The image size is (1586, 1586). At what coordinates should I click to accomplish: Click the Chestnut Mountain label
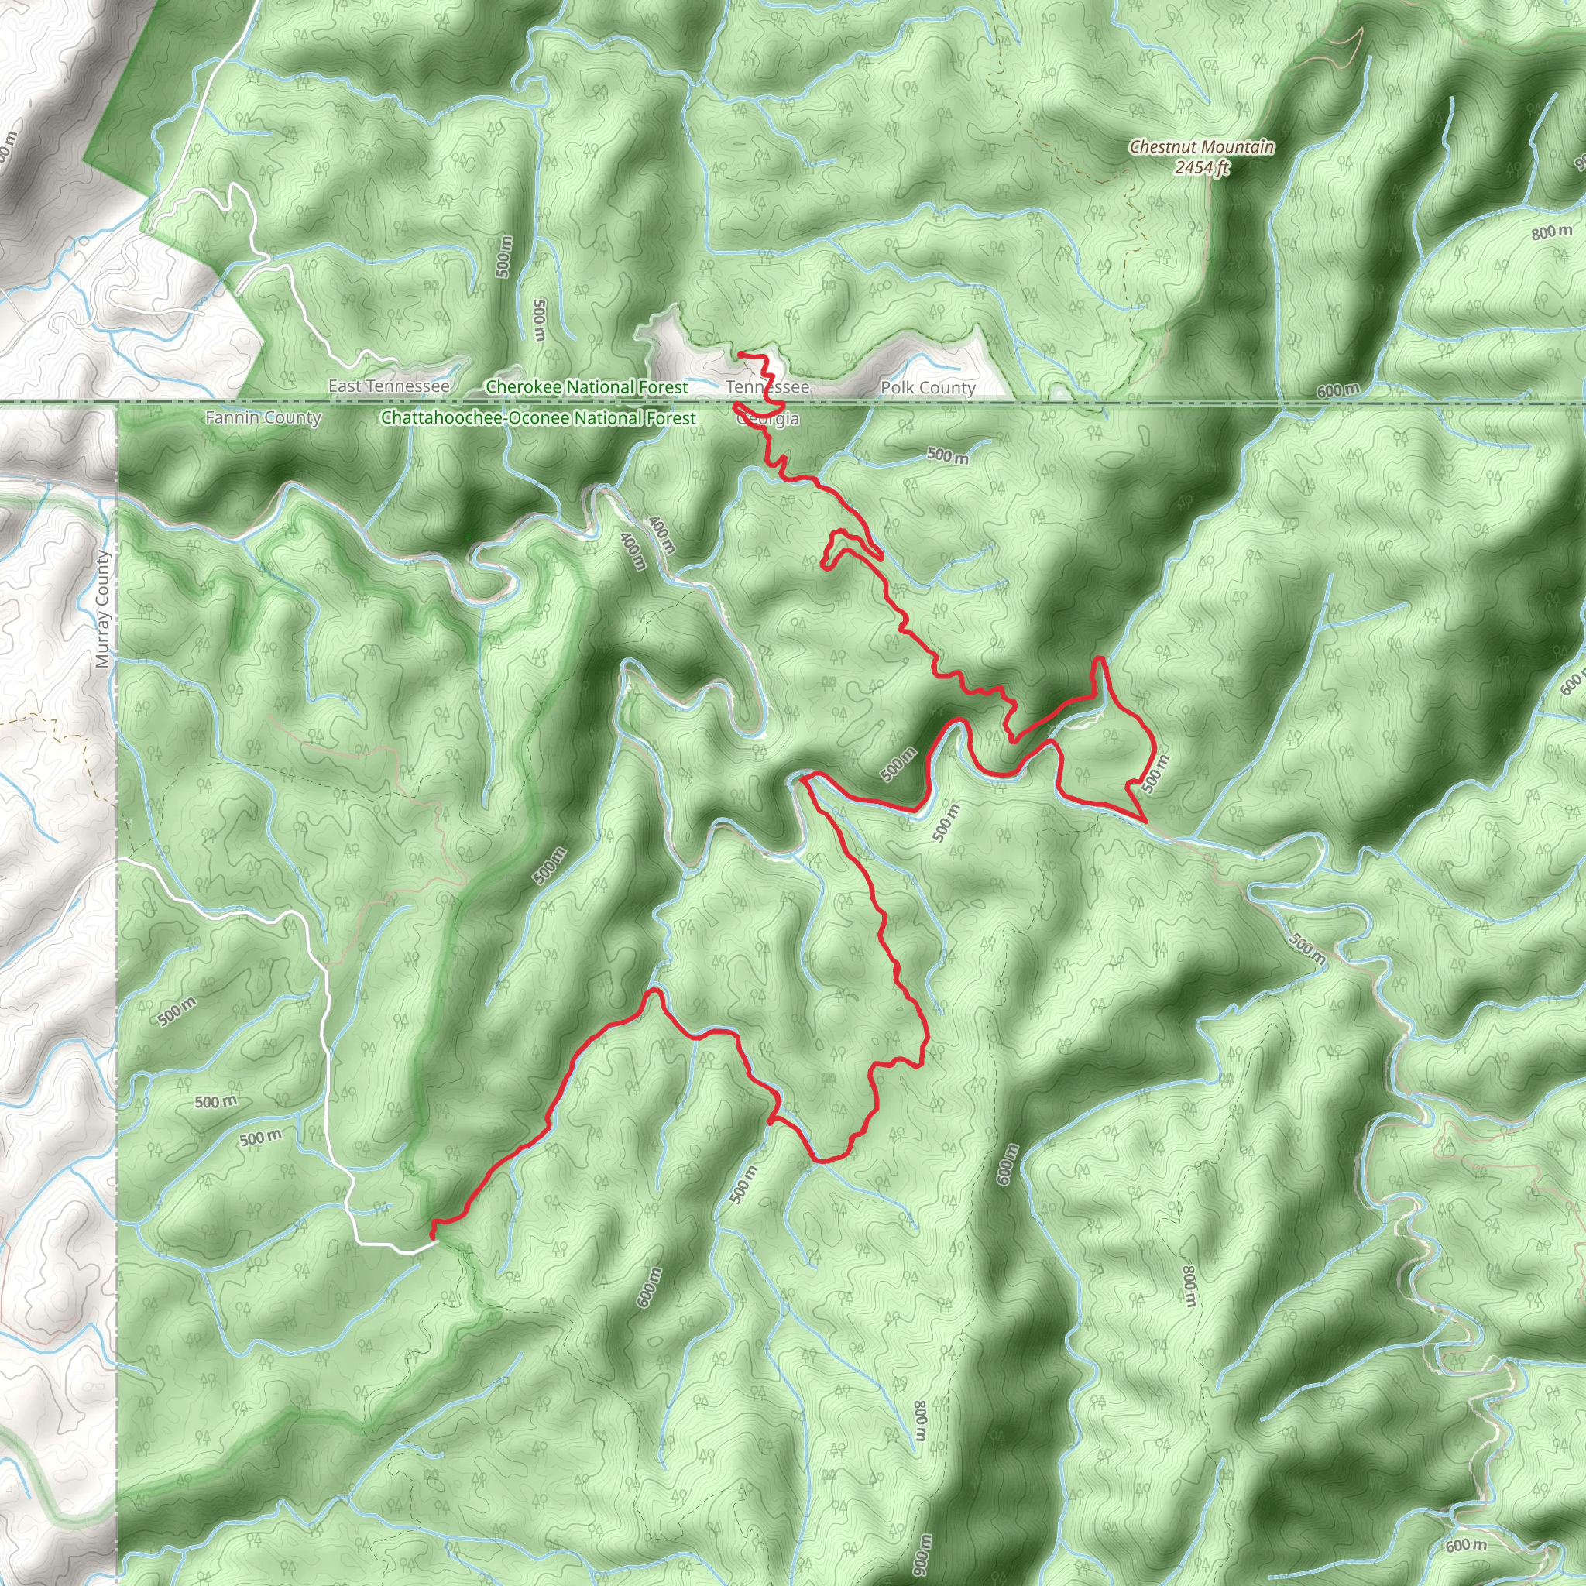tap(1202, 147)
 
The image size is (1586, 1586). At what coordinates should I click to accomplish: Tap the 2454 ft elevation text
tap(1202, 167)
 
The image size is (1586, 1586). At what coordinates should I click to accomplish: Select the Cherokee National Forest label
tap(586, 386)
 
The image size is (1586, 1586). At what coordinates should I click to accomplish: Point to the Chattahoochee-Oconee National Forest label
tap(537, 418)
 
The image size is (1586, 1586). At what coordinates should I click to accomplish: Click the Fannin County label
tap(263, 418)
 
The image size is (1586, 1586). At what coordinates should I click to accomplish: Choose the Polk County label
tap(928, 387)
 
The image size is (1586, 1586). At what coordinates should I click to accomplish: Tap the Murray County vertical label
tap(101, 609)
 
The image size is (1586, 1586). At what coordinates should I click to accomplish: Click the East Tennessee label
tap(388, 386)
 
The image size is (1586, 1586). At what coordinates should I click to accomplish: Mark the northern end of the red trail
tap(740, 354)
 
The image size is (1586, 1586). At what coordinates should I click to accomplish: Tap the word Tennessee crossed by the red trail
tap(767, 386)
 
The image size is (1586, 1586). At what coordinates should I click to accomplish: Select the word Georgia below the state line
tap(768, 420)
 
